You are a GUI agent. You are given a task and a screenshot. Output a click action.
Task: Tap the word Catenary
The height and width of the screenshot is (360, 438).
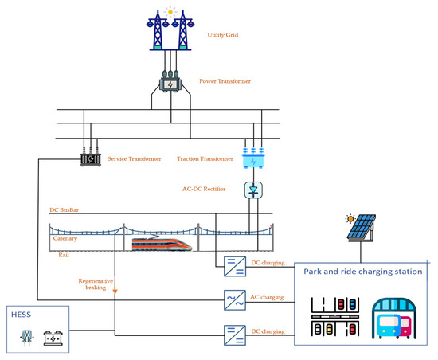click(x=66, y=238)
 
